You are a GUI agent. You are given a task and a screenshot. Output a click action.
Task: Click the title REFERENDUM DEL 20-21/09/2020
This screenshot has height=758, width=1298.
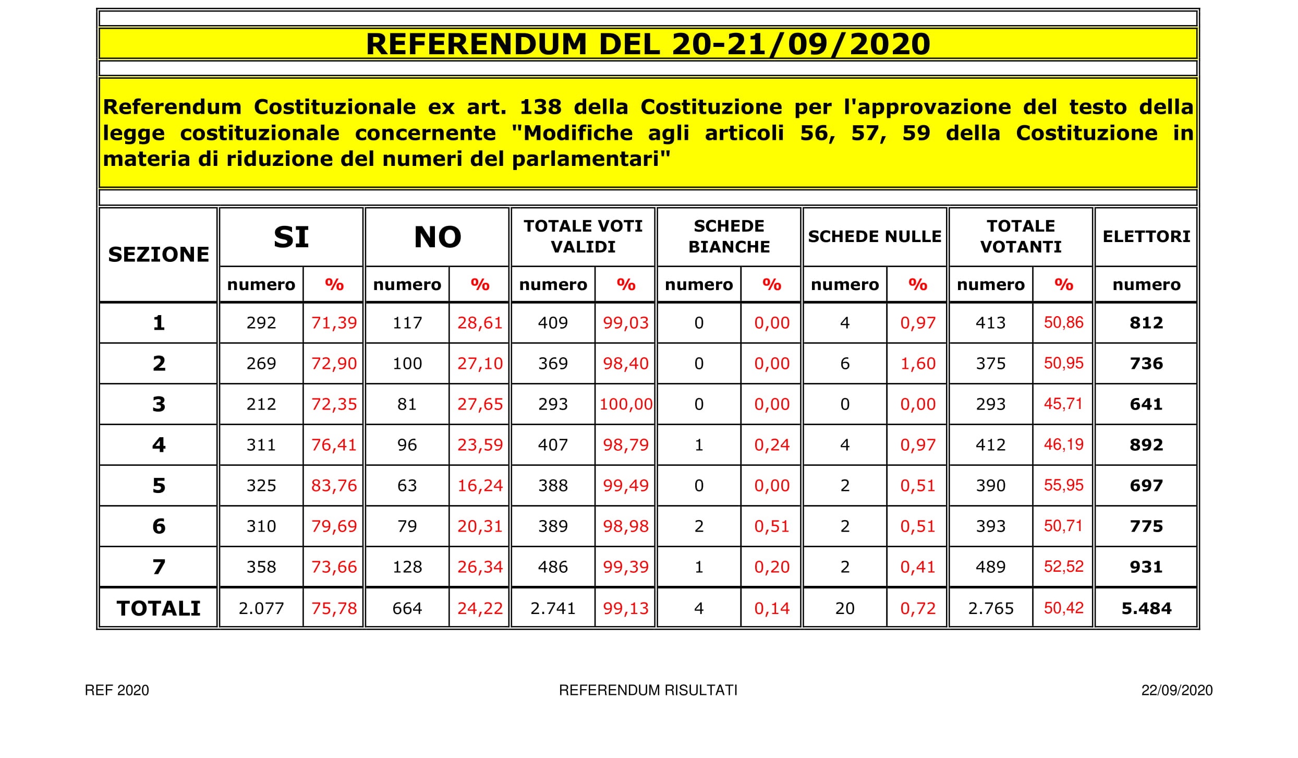(x=648, y=44)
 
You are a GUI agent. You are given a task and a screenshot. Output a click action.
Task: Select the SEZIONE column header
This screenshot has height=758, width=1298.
(x=159, y=255)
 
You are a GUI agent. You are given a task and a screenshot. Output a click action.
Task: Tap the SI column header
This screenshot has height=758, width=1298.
(x=291, y=237)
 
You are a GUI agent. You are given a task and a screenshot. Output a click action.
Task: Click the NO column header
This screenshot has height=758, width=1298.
(x=437, y=237)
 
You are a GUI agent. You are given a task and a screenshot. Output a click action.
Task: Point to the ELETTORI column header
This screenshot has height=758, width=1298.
(x=1146, y=236)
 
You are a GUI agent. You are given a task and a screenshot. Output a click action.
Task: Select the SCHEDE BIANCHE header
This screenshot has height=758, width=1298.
(x=729, y=236)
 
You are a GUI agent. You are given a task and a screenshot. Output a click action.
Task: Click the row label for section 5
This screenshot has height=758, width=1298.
(x=159, y=486)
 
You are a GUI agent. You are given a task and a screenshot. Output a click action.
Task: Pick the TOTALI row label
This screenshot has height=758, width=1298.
(x=159, y=608)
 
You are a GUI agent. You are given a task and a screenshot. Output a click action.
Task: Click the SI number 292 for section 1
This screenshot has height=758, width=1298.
(x=261, y=323)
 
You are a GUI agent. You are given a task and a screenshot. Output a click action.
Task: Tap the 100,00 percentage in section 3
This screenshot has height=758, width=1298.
(x=625, y=404)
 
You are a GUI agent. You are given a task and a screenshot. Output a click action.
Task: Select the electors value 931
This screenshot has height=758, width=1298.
(x=1146, y=567)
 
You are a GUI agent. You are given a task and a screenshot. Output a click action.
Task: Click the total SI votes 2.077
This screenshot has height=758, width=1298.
(x=261, y=608)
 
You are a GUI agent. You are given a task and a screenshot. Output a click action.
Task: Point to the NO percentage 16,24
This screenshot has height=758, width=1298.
(x=480, y=486)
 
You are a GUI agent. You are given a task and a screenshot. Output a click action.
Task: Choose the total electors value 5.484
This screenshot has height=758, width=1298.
(x=1146, y=608)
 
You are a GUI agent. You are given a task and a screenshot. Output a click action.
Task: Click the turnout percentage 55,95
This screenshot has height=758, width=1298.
(x=1063, y=486)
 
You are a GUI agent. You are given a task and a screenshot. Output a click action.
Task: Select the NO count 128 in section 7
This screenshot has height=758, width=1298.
(x=407, y=567)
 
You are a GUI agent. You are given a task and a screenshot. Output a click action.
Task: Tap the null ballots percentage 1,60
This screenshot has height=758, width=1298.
(x=918, y=364)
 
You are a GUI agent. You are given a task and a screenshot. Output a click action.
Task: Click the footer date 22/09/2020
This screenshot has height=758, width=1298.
(x=1176, y=690)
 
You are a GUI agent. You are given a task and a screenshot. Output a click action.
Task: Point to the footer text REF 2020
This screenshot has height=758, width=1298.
(x=117, y=690)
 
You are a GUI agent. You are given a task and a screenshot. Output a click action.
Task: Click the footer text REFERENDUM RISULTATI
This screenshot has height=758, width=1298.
(x=648, y=690)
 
